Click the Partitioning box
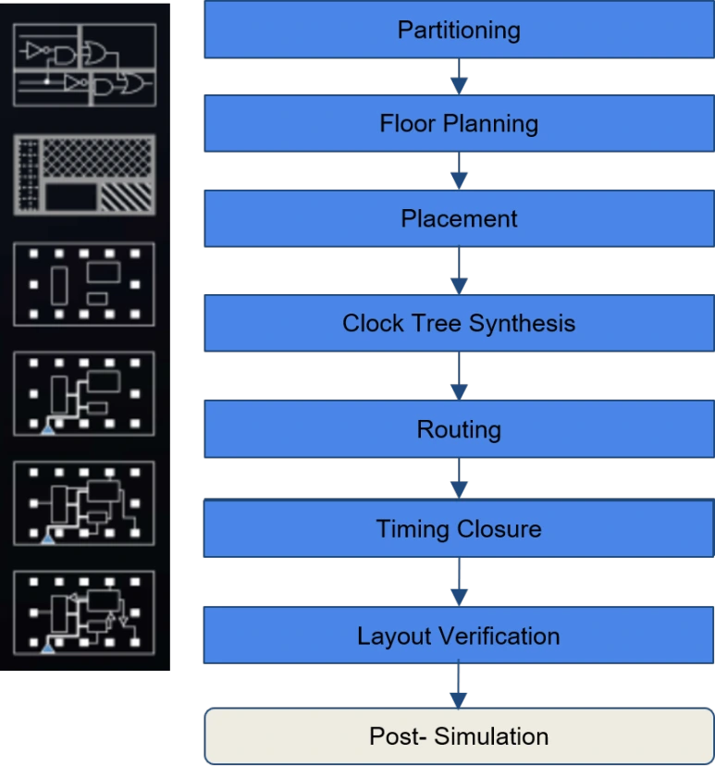click(x=459, y=30)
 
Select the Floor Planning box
click(x=459, y=123)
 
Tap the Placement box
click(x=459, y=218)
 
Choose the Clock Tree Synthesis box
click(x=459, y=323)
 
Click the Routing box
click(x=459, y=429)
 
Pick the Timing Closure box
click(x=459, y=528)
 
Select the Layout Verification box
click(x=459, y=635)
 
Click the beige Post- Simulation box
click(x=459, y=736)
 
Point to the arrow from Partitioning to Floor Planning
click(x=459, y=77)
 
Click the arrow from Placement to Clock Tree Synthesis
click(x=459, y=271)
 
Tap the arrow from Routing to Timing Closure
click(x=459, y=478)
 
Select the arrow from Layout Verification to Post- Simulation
click(x=459, y=686)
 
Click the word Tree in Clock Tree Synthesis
click(x=438, y=323)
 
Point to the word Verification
click(x=499, y=636)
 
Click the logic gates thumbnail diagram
click(x=85, y=65)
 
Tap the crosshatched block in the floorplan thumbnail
click(x=97, y=157)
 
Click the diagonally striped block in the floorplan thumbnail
click(x=127, y=197)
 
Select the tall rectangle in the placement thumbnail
click(x=59, y=286)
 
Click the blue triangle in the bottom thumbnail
click(x=47, y=648)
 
